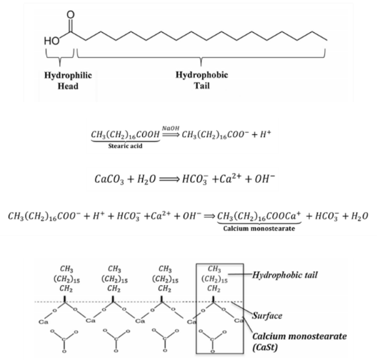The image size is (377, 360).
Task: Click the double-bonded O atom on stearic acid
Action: point(71,15)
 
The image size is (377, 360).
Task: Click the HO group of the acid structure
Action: point(51,41)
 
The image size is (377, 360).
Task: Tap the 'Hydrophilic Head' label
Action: point(68,81)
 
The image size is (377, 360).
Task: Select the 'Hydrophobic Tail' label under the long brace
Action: point(202,80)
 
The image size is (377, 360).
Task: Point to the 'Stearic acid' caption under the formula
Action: point(125,146)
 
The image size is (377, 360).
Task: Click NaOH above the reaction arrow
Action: point(171,128)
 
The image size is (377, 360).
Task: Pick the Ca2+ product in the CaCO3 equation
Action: point(228,179)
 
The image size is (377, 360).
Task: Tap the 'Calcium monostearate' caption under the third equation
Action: point(259,229)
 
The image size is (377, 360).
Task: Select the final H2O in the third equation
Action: point(359,216)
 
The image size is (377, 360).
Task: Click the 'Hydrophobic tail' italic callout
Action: point(285,274)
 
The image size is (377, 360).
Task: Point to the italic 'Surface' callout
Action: point(267,315)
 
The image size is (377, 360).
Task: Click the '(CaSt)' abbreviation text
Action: point(265,347)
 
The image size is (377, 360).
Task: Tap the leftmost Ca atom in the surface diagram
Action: point(44,321)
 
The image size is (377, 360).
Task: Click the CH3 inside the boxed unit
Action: point(214,269)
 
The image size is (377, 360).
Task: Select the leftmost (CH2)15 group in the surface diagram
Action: point(66,279)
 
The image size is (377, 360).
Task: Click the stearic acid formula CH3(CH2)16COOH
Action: point(125,134)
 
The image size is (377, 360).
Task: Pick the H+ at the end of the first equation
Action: point(266,134)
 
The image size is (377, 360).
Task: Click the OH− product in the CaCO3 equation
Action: point(265,179)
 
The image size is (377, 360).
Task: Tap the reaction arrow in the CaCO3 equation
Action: point(169,179)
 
